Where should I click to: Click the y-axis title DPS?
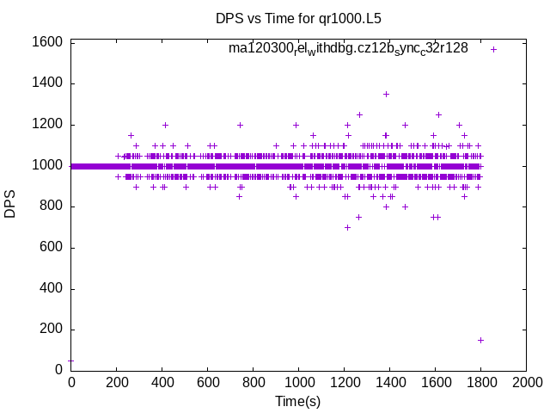[x=10, y=205]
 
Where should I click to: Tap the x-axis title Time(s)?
[x=297, y=401]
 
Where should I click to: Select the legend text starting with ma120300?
[x=348, y=48]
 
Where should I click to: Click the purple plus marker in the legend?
[x=493, y=49]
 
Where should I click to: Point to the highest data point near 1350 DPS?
[x=386, y=94]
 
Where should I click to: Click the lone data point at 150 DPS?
[x=480, y=340]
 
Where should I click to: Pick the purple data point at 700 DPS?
[x=347, y=227]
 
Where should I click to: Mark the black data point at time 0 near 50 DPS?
[x=70, y=361]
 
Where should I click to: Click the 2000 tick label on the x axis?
[x=526, y=382]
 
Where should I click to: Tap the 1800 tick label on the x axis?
[x=480, y=382]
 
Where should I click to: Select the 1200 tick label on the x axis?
[x=344, y=382]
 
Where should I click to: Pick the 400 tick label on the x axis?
[x=162, y=382]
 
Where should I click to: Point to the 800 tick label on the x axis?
[x=253, y=382]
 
